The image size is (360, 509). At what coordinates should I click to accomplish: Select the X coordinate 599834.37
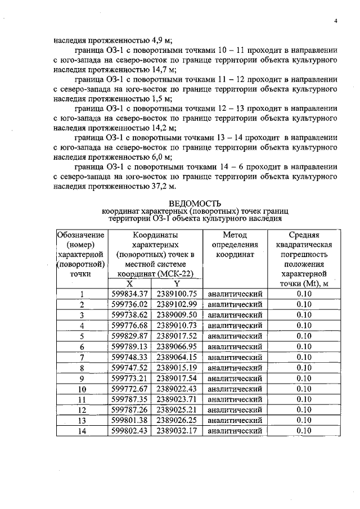[129, 294]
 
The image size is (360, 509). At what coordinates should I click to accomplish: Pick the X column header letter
[129, 283]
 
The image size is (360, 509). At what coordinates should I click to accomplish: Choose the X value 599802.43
[129, 431]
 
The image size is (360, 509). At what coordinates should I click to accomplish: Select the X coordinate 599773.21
[129, 378]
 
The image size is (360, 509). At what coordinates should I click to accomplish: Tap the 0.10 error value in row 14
[304, 431]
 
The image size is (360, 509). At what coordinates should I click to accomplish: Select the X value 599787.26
[129, 410]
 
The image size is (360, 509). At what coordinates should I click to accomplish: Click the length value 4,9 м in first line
[161, 40]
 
